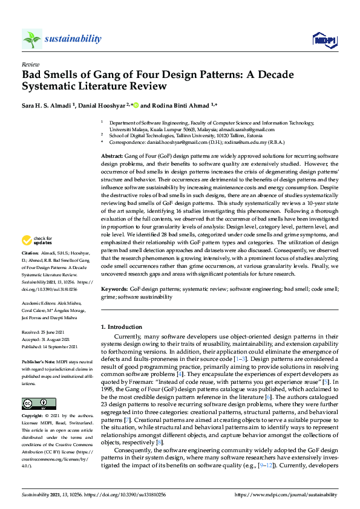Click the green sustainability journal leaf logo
pos(32,39)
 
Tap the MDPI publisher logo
pos(324,40)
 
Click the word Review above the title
pos(30,63)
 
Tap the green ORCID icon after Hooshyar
pos(136,105)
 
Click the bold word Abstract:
pos(113,156)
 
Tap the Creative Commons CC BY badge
pos(34,403)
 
